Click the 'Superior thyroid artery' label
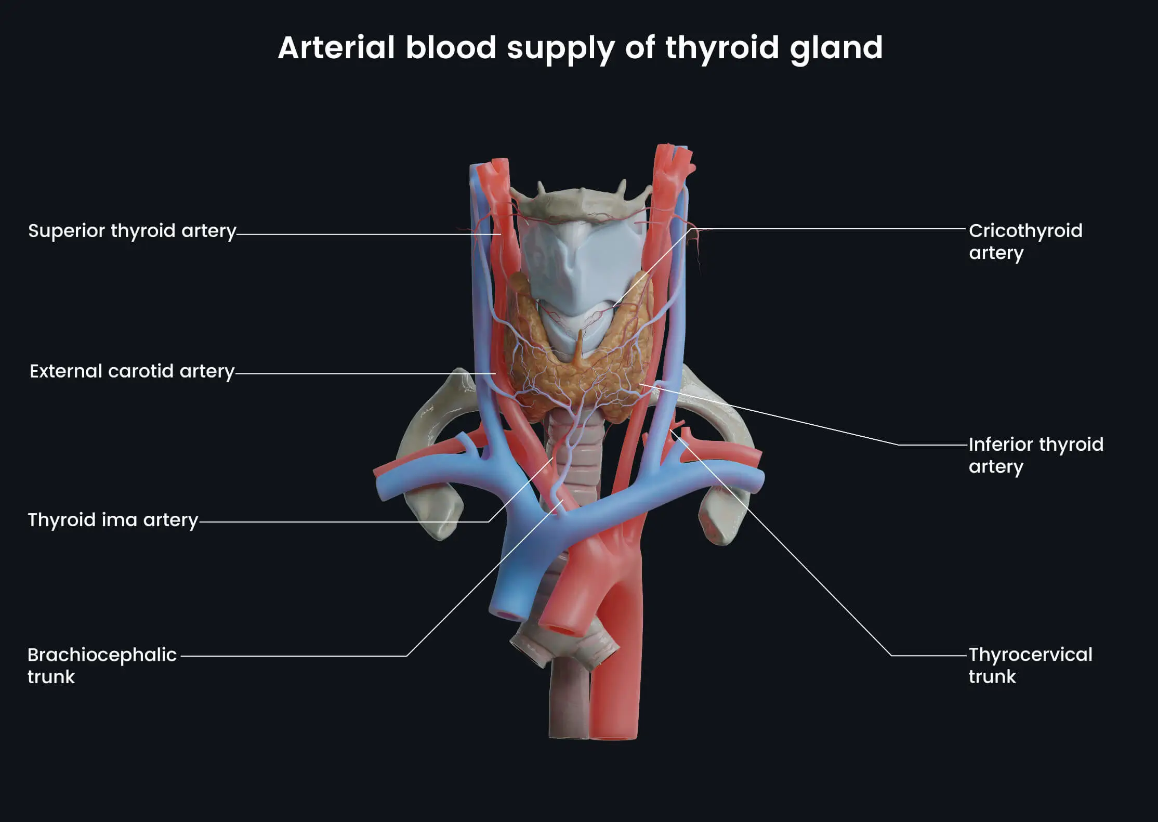132,231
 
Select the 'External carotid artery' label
132,371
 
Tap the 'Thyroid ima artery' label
113,520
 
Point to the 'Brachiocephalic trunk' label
102,666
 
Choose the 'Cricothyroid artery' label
1025,241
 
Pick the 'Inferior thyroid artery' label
1035,455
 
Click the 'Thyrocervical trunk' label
1030,665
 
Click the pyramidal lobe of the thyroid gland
580,348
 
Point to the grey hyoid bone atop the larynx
580,203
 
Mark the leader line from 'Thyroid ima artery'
343,521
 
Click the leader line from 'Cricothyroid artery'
832,228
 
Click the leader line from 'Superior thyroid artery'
364,234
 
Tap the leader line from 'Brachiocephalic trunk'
291,656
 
